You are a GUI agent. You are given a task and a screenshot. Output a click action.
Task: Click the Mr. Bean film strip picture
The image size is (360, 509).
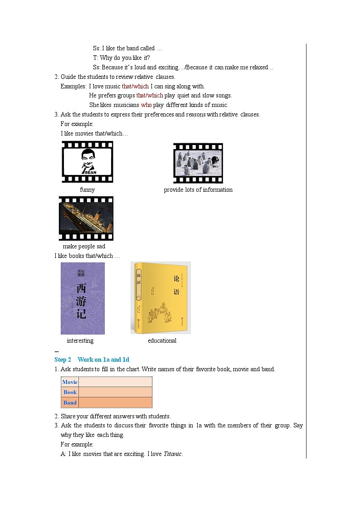tap(88, 162)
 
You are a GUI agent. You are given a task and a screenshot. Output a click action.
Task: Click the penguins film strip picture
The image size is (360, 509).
tap(198, 163)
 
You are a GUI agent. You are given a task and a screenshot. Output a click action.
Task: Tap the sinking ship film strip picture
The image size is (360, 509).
tap(87, 218)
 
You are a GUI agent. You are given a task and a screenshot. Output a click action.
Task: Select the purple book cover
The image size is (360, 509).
tap(83, 298)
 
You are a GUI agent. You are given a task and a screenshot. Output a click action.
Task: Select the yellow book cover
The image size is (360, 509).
tap(161, 298)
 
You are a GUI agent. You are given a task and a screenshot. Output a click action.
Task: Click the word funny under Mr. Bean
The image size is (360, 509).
tap(87, 190)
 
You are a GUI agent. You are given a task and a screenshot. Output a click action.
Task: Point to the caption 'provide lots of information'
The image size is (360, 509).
tap(198, 190)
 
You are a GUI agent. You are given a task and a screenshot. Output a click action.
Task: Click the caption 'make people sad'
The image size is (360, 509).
tap(84, 247)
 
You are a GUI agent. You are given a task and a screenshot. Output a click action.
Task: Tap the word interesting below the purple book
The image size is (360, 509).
tap(80, 341)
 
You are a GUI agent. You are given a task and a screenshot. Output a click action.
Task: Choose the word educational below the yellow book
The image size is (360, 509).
tap(162, 341)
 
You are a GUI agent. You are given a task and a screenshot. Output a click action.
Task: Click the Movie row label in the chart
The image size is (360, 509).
tap(70, 382)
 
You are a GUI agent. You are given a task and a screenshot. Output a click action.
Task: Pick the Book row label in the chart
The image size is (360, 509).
tap(70, 393)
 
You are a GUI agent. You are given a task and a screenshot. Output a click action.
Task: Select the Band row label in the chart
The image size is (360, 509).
tap(70, 403)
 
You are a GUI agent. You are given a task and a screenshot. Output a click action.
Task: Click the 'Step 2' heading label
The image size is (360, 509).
tap(63, 360)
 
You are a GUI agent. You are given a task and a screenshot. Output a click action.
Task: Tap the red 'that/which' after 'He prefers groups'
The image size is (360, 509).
tap(150, 96)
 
